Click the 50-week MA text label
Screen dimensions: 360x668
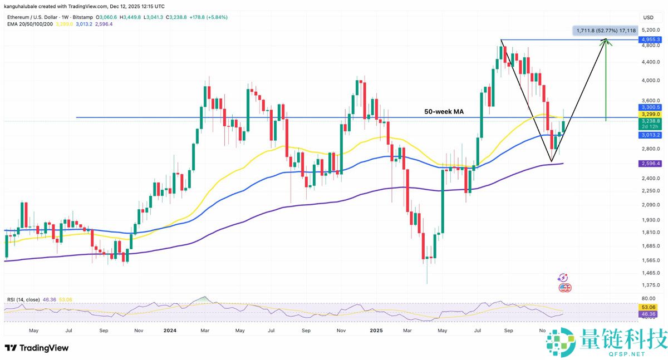click(444, 111)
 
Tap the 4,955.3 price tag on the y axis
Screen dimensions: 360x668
click(651, 40)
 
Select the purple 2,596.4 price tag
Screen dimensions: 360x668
click(651, 164)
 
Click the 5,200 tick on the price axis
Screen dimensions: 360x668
click(650, 30)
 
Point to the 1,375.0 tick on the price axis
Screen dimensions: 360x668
click(650, 285)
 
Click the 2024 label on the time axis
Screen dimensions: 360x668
click(170, 329)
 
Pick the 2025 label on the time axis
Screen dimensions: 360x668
click(374, 329)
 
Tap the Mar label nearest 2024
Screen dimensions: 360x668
click(204, 329)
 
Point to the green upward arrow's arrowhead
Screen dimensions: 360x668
click(606, 42)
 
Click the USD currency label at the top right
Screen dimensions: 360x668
click(648, 17)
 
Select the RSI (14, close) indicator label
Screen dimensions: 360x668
click(23, 299)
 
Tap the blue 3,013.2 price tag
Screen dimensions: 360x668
click(651, 135)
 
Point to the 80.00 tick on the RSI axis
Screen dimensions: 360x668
click(648, 298)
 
